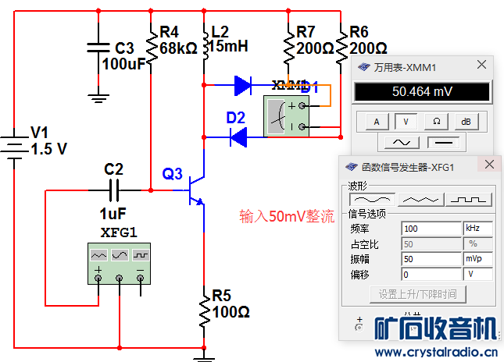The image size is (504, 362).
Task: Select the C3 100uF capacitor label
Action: pyautogui.click(x=123, y=55)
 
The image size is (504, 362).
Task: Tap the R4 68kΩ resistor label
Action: pyautogui.click(x=178, y=40)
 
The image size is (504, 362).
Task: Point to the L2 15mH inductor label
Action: pyautogui.click(x=230, y=39)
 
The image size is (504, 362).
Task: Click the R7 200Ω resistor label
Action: pyautogui.click(x=316, y=40)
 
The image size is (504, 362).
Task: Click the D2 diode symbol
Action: pyautogui.click(x=238, y=137)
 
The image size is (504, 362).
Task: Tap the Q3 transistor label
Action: pyautogui.click(x=172, y=174)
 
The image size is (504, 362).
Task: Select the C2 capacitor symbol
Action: pyautogui.click(x=114, y=189)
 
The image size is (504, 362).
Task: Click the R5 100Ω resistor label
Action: pyautogui.click(x=231, y=304)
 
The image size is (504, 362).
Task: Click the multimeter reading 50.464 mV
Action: pyautogui.click(x=422, y=92)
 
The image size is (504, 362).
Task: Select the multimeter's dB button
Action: pyautogui.click(x=466, y=121)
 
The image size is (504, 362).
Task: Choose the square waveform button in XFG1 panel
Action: pyautogui.click(x=469, y=199)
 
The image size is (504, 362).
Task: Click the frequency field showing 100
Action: pyautogui.click(x=431, y=229)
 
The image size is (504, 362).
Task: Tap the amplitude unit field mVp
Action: pyautogui.click(x=477, y=258)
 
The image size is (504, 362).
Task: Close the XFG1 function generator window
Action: pyautogui.click(x=489, y=165)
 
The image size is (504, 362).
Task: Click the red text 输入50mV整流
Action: pyautogui.click(x=287, y=216)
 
